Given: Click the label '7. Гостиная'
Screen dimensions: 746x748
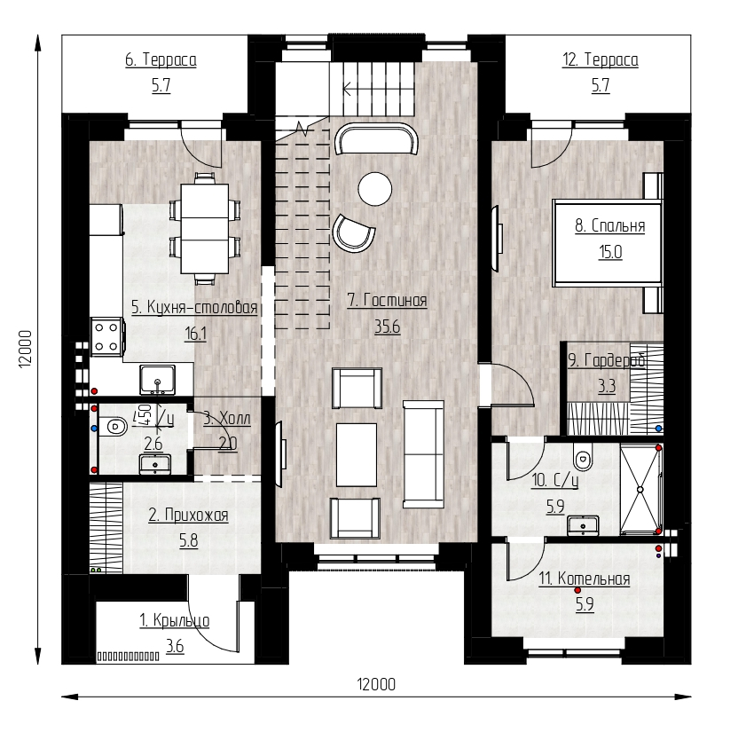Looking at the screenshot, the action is [387, 301].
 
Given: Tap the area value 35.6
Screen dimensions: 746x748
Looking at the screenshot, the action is [387, 327].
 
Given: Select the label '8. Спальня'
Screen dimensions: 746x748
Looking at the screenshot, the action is [610, 225].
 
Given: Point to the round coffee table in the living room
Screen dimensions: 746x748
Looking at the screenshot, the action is [375, 189].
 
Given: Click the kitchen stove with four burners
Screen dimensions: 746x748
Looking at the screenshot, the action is [108, 337].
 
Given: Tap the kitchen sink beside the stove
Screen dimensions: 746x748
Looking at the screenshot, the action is [157, 380].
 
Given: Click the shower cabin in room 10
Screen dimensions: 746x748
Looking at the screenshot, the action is [640, 490].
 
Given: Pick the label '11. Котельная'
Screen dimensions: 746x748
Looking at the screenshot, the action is [585, 579].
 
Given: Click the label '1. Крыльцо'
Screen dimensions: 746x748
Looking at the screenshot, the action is [174, 620].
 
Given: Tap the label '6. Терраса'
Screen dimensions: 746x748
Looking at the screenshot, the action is [161, 60].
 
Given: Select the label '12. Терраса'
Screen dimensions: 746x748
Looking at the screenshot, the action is [600, 60].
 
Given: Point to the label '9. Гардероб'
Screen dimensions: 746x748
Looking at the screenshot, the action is [607, 360].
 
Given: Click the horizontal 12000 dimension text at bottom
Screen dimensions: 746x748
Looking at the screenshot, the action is [376, 684].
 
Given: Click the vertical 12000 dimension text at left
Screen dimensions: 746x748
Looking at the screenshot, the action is [25, 350].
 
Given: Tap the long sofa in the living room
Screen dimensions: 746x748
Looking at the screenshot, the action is [423, 454].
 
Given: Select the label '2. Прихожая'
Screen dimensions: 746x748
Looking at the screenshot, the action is [188, 516].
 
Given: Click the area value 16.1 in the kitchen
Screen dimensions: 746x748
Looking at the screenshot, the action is [195, 334].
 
